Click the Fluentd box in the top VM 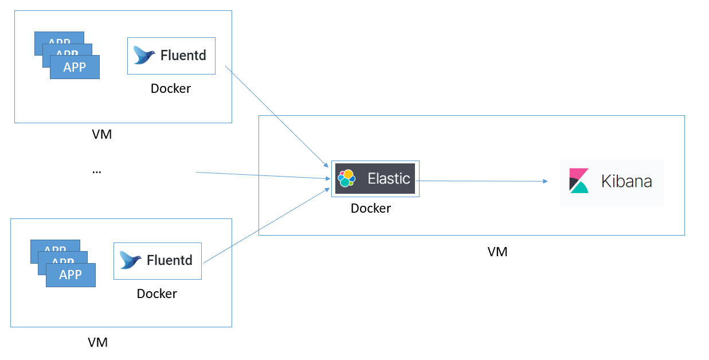pyautogui.click(x=171, y=56)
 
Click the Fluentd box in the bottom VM pyautogui.click(x=157, y=260)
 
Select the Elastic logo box pyautogui.click(x=375, y=178)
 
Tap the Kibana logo pyautogui.click(x=612, y=182)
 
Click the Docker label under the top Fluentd pyautogui.click(x=170, y=89)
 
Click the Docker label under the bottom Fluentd pyautogui.click(x=156, y=294)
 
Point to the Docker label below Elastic pyautogui.click(x=370, y=208)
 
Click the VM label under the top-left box pyautogui.click(x=101, y=135)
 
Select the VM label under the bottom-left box pyautogui.click(x=97, y=343)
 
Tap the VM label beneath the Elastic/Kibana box pyautogui.click(x=497, y=252)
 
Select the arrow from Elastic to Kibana pyautogui.click(x=481, y=181)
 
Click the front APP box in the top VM pyautogui.click(x=75, y=67)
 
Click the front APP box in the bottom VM pyautogui.click(x=70, y=275)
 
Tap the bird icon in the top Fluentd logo pyautogui.click(x=144, y=55)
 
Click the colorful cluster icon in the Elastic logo pyautogui.click(x=347, y=178)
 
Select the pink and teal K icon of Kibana pyautogui.click(x=579, y=181)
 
